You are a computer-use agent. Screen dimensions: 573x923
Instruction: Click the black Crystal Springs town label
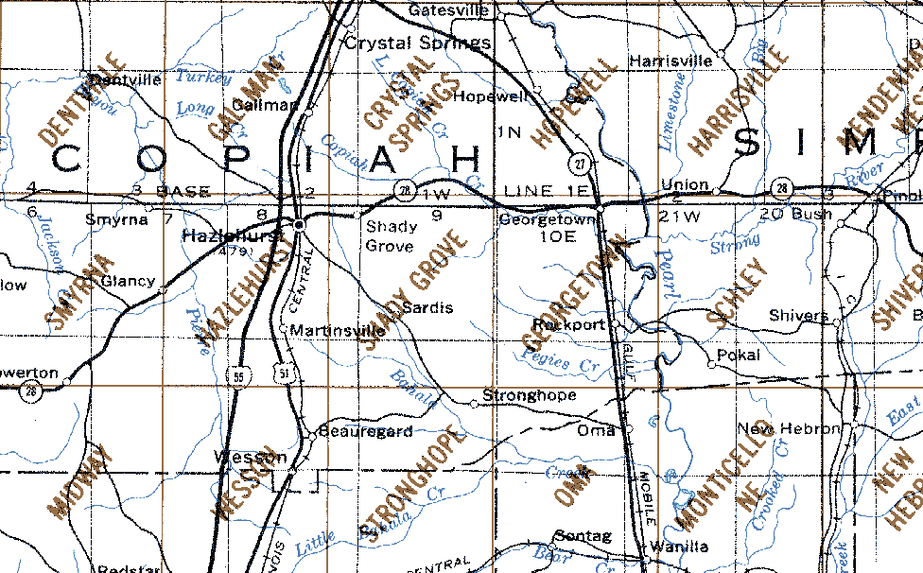coord(417,43)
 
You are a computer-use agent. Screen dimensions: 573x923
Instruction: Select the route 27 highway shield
coord(581,164)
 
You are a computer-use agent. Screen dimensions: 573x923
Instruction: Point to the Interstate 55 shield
coord(238,375)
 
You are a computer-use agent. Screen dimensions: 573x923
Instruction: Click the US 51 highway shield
coord(284,375)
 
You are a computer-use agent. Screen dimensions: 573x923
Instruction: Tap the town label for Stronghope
coord(529,394)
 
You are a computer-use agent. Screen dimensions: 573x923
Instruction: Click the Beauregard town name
coord(365,431)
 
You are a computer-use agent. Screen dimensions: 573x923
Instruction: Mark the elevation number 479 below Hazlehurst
coord(230,252)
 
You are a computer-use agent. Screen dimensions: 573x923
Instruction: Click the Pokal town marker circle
coord(711,364)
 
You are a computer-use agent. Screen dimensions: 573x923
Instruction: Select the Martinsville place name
coord(338,330)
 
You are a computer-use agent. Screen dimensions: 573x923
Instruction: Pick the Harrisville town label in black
coord(670,61)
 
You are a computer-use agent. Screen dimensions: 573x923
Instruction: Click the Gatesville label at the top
coord(448,10)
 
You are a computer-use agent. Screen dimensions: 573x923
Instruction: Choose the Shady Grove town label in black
coord(390,236)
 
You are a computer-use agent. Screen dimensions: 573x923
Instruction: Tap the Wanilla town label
coord(680,546)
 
